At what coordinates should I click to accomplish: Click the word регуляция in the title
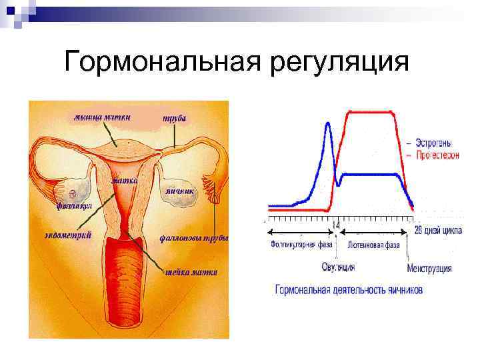click(x=339, y=63)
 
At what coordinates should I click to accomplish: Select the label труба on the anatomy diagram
click(x=175, y=117)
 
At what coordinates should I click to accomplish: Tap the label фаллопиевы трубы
click(x=194, y=237)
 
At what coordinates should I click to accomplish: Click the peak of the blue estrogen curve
click(x=327, y=124)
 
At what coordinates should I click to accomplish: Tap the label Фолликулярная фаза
click(x=301, y=245)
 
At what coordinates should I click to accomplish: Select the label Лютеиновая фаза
click(x=373, y=245)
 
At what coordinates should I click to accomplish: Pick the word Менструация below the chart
click(x=429, y=269)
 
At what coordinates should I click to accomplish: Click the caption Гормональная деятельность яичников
click(x=349, y=290)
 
